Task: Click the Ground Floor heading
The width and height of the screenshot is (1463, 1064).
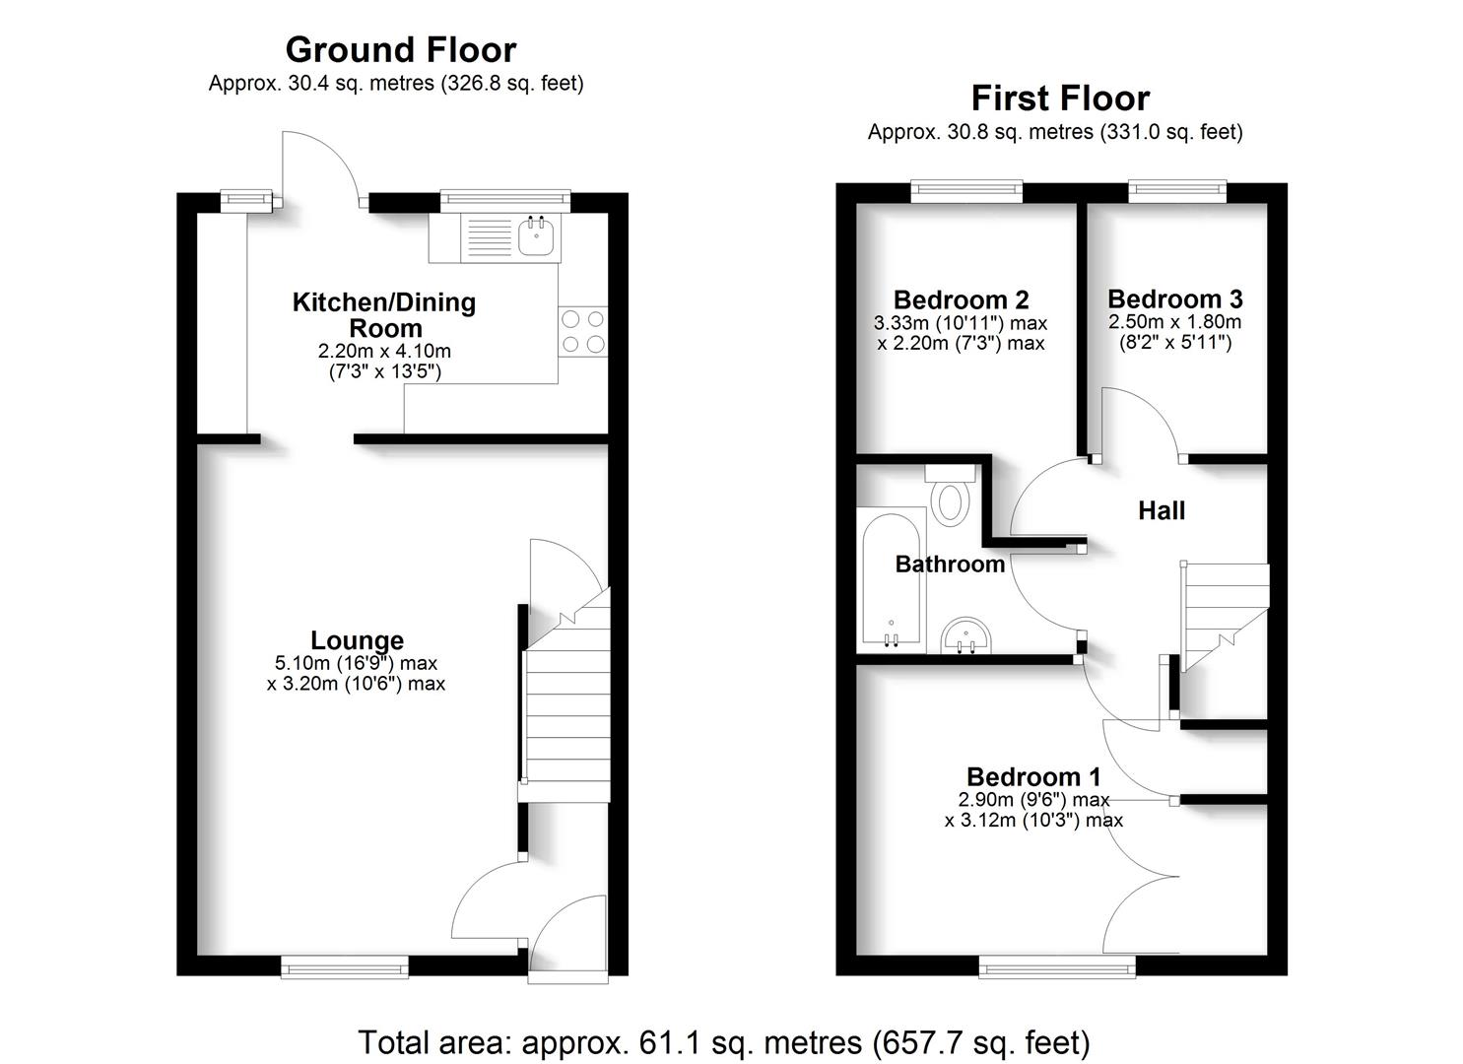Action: [400, 49]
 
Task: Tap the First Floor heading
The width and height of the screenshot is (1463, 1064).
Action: [1059, 99]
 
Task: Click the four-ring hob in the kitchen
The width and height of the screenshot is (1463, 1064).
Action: [582, 331]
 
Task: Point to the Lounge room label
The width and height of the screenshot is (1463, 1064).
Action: [357, 640]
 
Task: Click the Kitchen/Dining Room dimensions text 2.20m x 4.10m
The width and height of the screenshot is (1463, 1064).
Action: [383, 351]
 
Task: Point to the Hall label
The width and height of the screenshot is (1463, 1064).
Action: [1162, 510]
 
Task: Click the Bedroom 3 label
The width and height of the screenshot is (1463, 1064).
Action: [1174, 299]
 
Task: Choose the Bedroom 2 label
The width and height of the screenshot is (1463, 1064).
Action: [961, 299]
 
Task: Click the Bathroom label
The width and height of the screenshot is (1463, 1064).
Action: [950, 564]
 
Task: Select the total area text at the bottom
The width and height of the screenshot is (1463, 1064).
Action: [724, 1041]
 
